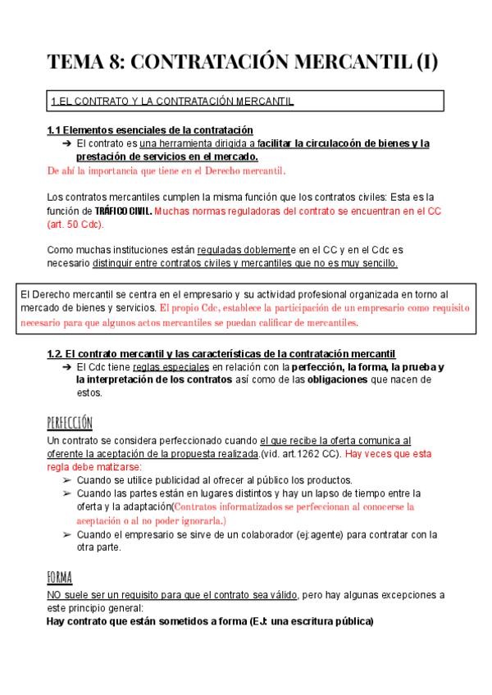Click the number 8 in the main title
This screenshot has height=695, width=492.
116,61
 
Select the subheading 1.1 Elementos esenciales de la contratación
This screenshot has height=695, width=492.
150,130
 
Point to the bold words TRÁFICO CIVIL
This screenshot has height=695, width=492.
125,210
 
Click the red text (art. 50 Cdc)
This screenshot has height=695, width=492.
75,224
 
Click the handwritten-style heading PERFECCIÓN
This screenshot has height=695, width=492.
71,422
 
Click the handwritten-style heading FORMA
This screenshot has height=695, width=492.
61,576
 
